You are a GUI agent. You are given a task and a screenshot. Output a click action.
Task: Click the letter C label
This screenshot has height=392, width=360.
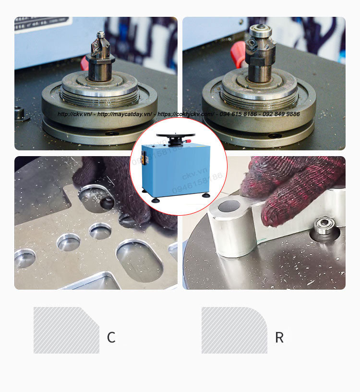(111, 338)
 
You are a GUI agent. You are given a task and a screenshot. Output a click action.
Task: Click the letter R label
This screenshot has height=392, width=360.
(279, 338)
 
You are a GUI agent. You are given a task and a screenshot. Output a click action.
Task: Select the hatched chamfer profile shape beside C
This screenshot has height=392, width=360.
(65, 331)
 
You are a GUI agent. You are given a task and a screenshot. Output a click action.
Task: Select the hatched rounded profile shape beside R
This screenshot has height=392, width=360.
(233, 331)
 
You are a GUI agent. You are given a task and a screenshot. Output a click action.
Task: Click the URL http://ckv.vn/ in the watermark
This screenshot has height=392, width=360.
(73, 114)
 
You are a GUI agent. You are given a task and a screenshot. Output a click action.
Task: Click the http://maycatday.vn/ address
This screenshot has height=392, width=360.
(124, 114)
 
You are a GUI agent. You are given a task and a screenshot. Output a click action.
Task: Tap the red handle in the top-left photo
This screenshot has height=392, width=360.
(84, 62)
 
